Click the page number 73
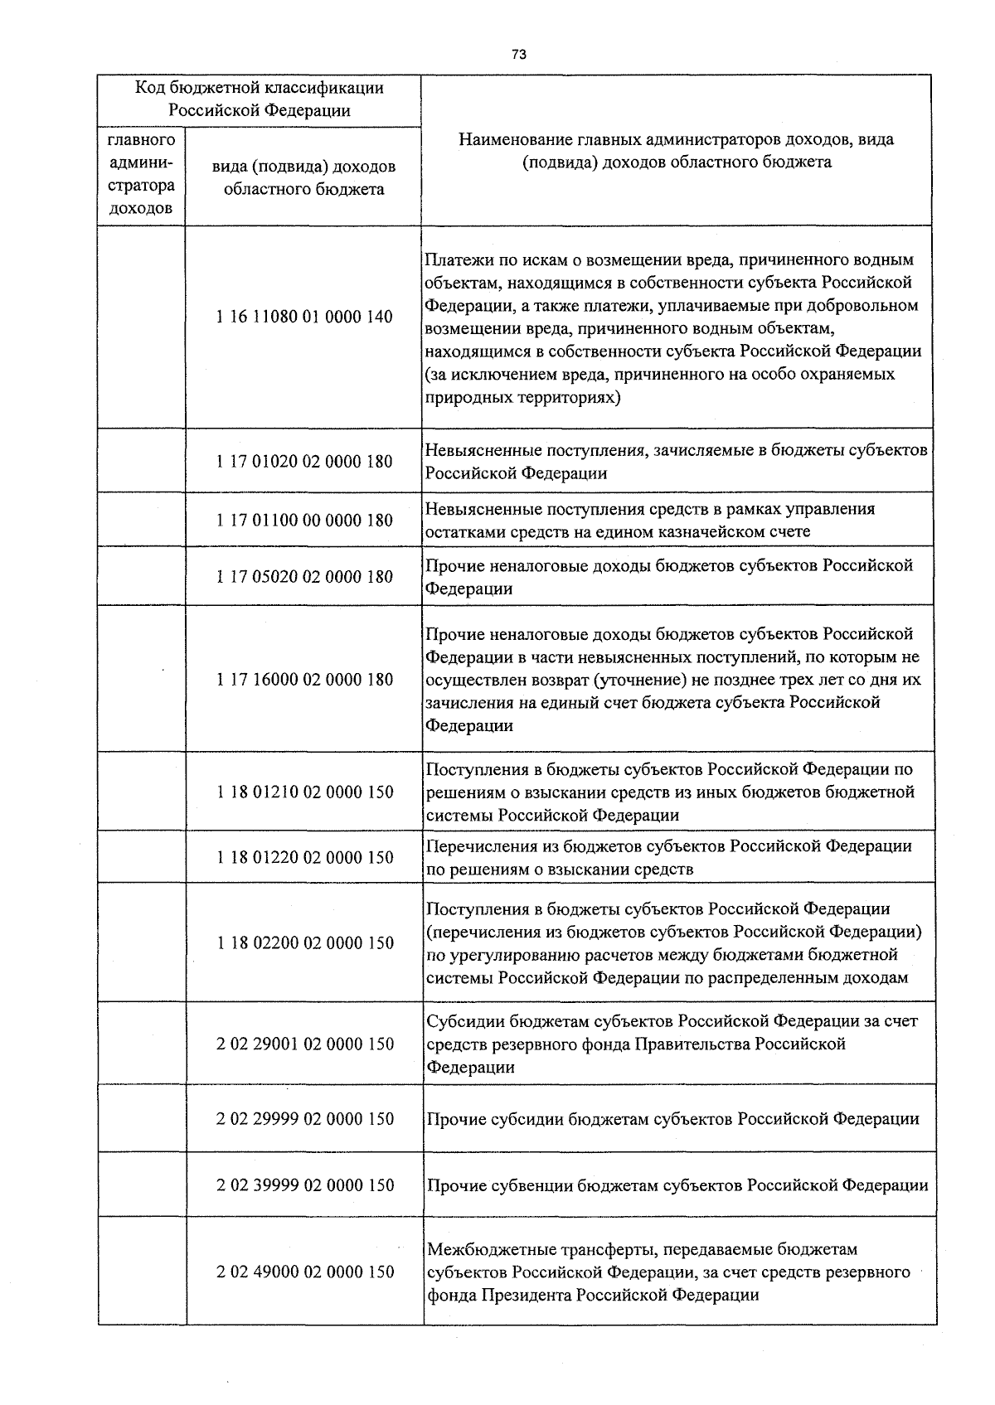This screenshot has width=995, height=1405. (x=519, y=54)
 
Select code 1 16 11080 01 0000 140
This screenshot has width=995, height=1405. (x=304, y=317)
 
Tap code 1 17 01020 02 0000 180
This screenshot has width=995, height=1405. (x=304, y=462)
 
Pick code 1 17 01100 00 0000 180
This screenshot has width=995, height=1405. (x=304, y=521)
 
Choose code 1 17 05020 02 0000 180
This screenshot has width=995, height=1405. (x=304, y=577)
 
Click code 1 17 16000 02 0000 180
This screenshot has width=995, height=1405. (x=304, y=680)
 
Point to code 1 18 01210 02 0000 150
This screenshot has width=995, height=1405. (x=305, y=792)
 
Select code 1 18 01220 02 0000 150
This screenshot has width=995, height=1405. (x=305, y=858)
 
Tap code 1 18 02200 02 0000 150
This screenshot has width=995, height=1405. (x=305, y=943)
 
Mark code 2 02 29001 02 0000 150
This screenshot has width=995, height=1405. (x=305, y=1044)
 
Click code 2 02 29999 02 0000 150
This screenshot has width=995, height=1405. (x=305, y=1119)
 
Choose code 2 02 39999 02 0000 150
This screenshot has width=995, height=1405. (x=305, y=1185)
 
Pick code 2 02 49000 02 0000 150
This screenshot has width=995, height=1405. (x=305, y=1272)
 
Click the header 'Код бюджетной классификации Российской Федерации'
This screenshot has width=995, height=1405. (x=260, y=99)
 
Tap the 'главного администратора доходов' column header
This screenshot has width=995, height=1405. (x=141, y=175)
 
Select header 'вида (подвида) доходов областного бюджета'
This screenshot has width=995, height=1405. (x=303, y=177)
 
